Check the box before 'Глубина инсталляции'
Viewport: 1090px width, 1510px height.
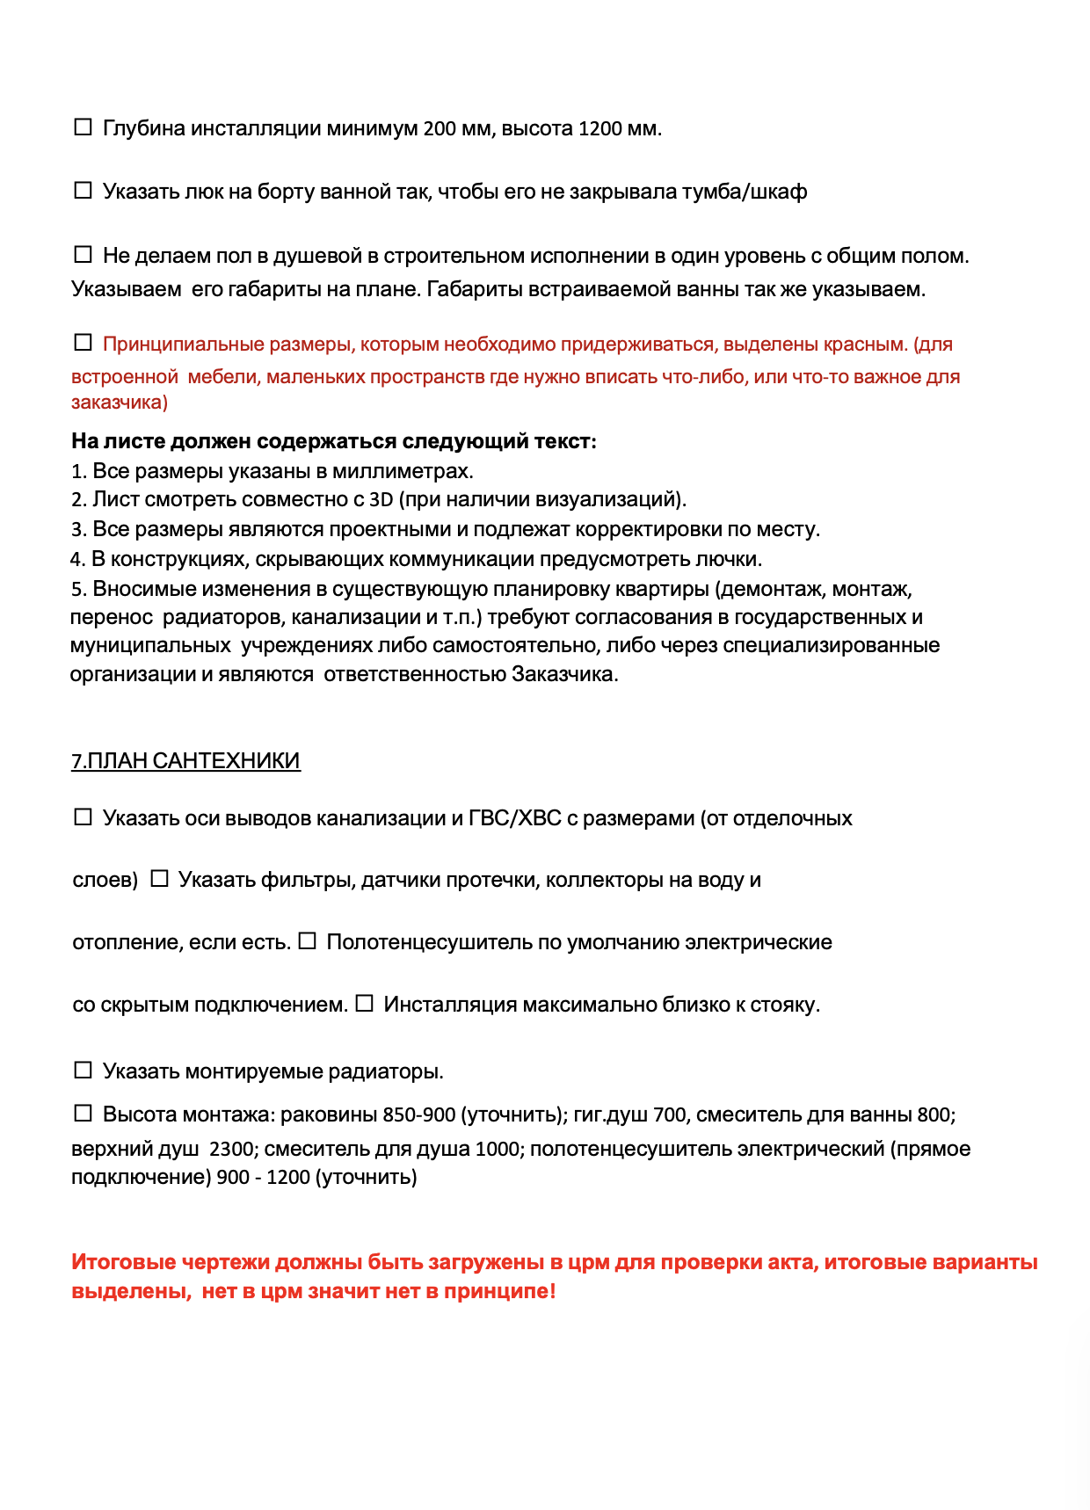pyautogui.click(x=83, y=127)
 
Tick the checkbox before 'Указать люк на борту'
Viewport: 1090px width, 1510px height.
pyautogui.click(x=83, y=191)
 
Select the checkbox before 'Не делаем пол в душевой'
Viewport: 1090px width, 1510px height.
pyautogui.click(x=83, y=255)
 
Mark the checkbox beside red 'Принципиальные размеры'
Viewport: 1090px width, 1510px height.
pyautogui.click(x=83, y=343)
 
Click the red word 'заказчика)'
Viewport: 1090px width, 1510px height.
pyautogui.click(x=120, y=403)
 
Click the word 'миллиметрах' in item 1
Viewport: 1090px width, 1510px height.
pyautogui.click(x=403, y=471)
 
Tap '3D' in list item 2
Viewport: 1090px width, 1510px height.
pyautogui.click(x=381, y=500)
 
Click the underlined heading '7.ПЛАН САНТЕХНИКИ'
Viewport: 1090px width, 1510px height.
pyautogui.click(x=185, y=761)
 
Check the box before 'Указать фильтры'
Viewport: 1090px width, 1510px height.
pyautogui.click(x=159, y=879)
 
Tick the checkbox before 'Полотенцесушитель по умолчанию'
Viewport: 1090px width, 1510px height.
pyautogui.click(x=307, y=941)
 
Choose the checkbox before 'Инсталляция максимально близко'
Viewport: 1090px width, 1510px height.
pyautogui.click(x=365, y=1004)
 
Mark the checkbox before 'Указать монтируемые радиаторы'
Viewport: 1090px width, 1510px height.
pyautogui.click(x=83, y=1071)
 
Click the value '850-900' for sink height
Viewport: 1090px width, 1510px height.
pyautogui.click(x=419, y=1115)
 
